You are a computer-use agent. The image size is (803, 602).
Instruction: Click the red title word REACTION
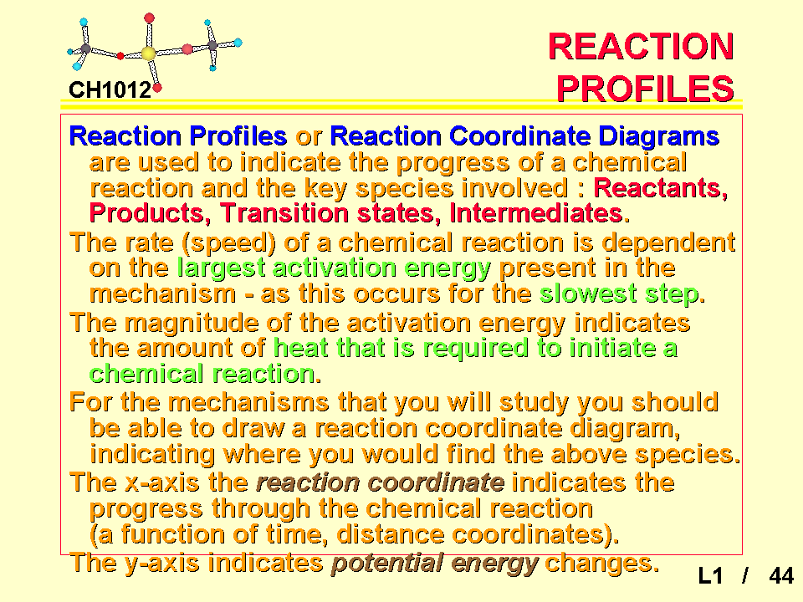642,47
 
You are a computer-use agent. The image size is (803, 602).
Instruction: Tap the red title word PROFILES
645,89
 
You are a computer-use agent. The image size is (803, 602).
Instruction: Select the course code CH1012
110,90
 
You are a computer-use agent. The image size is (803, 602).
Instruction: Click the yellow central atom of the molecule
149,54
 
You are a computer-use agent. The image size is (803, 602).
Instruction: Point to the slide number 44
781,576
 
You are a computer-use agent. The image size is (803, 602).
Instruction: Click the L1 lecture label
710,576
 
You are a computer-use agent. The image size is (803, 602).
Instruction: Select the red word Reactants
661,188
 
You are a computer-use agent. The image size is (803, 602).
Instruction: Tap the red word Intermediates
540,213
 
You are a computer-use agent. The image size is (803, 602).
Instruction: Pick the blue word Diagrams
659,136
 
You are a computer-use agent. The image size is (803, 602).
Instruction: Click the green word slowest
588,293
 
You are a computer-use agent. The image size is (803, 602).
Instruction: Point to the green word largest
221,268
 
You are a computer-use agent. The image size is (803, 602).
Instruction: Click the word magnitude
191,324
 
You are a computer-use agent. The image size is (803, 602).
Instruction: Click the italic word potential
387,563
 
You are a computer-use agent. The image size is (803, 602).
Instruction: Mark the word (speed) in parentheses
229,243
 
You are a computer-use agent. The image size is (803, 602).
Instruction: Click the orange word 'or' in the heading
309,137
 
